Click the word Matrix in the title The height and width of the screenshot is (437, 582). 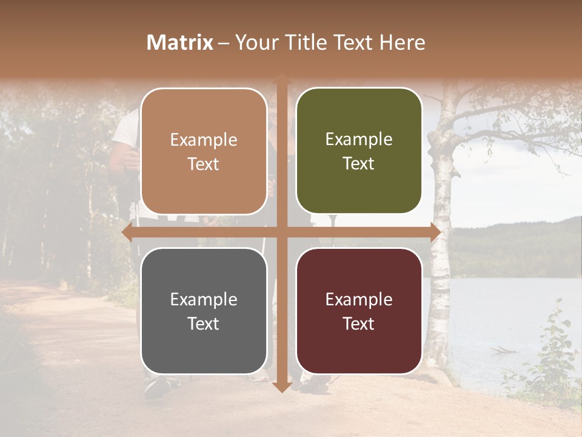pyautogui.click(x=180, y=42)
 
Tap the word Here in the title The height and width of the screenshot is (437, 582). pyautogui.click(x=403, y=42)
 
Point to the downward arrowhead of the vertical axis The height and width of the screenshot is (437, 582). pyautogui.click(x=281, y=387)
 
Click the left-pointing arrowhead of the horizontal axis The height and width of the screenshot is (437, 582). pyautogui.click(x=127, y=232)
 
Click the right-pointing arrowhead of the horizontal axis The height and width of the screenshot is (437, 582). pyautogui.click(x=435, y=232)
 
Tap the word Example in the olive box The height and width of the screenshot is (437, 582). pyautogui.click(x=359, y=140)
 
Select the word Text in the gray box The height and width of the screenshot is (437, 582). pyautogui.click(x=204, y=324)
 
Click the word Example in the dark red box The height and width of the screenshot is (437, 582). pyautogui.click(x=359, y=299)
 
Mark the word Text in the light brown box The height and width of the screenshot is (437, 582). pyautogui.click(x=204, y=164)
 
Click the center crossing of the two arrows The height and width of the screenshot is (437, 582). pyautogui.click(x=281, y=232)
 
